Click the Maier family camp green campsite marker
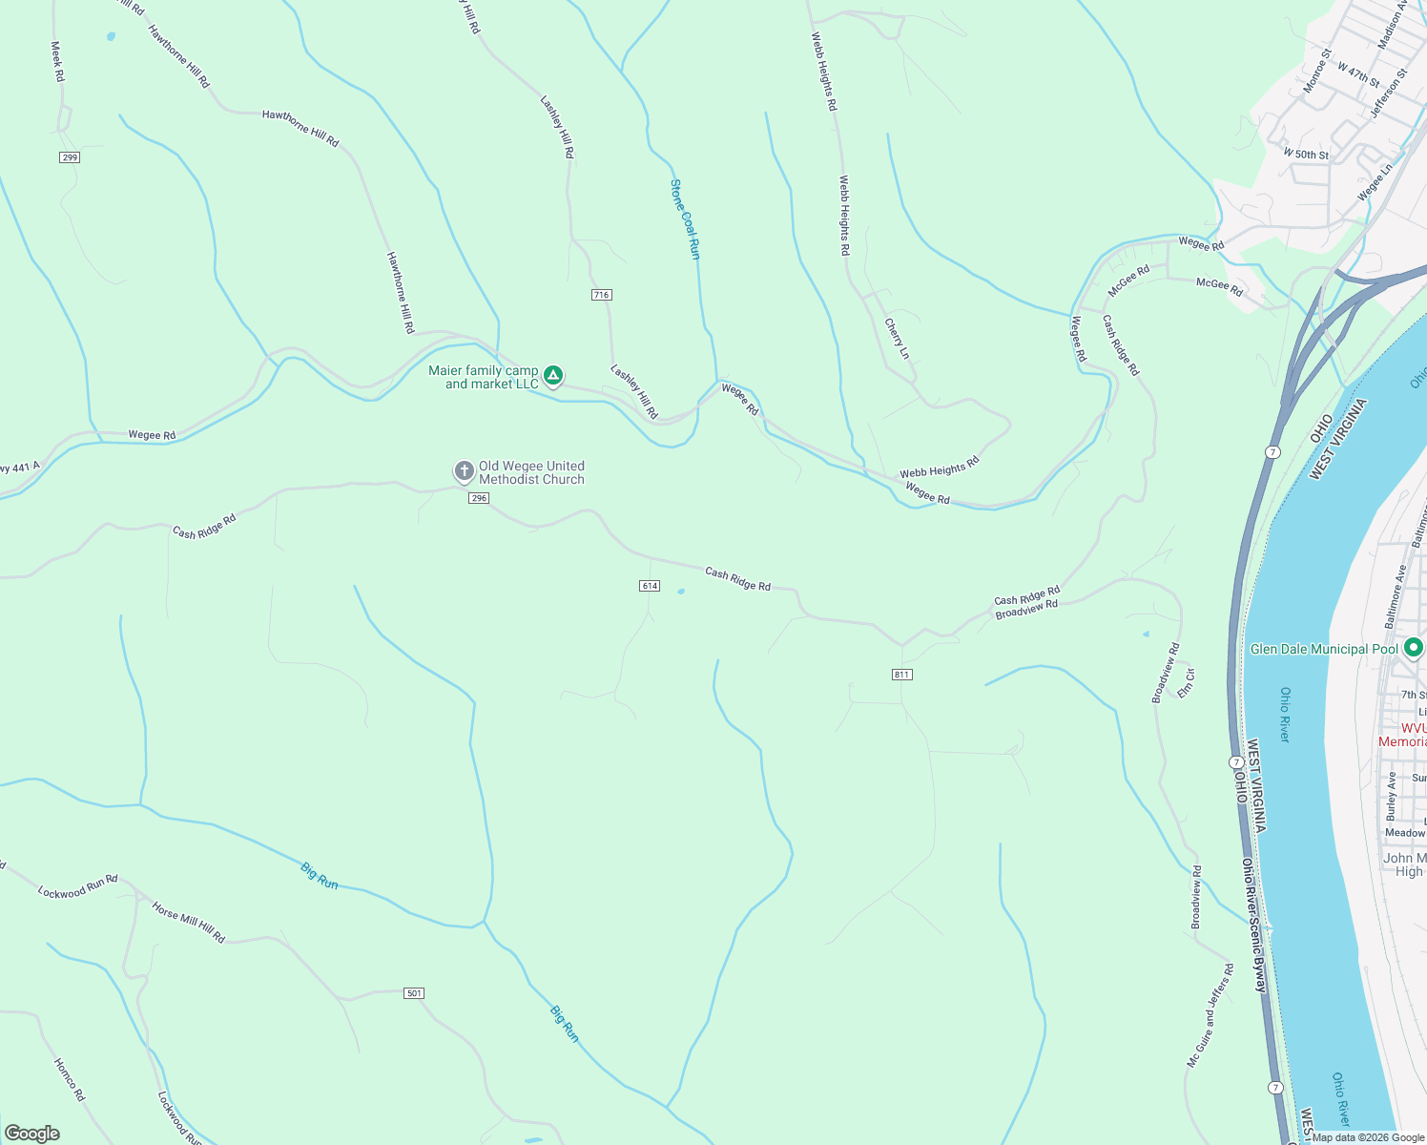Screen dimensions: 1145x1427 (552, 375)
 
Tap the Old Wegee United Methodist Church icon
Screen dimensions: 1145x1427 (464, 471)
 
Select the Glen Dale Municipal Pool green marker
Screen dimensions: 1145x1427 (1413, 648)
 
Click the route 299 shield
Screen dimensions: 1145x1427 (69, 157)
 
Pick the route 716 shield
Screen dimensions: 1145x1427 (601, 295)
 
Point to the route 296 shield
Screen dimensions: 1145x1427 (479, 498)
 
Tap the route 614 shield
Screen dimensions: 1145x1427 (650, 586)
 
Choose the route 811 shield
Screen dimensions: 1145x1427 (902, 675)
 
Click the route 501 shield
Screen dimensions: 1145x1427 (413, 993)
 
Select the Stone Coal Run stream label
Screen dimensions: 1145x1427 (685, 219)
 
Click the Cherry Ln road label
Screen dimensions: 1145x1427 (897, 339)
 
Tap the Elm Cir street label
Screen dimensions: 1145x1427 (1186, 682)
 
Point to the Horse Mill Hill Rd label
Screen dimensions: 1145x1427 (188, 923)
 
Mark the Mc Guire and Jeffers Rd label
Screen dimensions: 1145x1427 (1210, 1015)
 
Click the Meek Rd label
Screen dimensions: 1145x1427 (57, 61)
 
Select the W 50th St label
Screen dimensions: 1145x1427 (1305, 154)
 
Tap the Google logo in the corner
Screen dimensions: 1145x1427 (32, 1134)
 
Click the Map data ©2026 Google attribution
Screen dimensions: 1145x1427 (1367, 1137)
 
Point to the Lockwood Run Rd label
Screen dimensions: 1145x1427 (77, 886)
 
